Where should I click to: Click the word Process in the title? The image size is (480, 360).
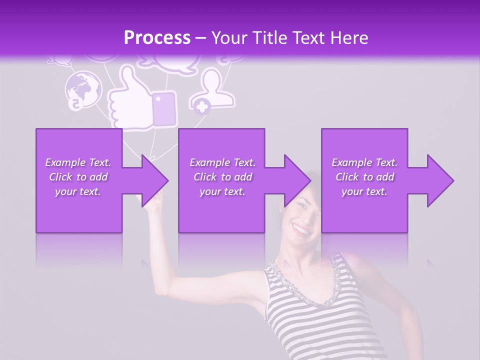157,38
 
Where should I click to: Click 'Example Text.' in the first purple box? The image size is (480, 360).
78,162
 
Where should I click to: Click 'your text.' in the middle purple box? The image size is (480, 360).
222,191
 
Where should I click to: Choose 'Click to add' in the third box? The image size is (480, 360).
364,177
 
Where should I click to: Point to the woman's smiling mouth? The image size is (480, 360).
300,230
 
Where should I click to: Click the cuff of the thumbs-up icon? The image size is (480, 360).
164,108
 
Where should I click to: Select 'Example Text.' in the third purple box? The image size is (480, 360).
364,162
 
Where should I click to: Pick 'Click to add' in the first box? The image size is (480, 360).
78,177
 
